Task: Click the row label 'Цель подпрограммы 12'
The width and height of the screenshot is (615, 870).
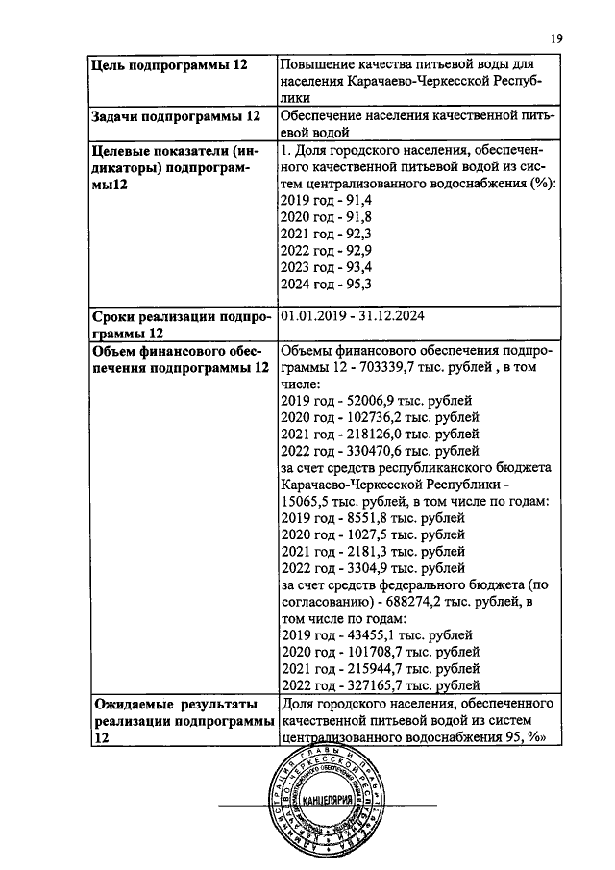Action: pyautogui.click(x=168, y=64)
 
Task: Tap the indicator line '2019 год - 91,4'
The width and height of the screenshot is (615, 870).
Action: pyautogui.click(x=326, y=199)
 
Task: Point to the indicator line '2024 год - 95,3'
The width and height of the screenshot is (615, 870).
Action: pyautogui.click(x=326, y=285)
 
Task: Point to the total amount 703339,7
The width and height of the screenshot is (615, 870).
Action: pyautogui.click(x=386, y=368)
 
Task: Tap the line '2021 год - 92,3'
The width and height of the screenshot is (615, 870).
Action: pyautogui.click(x=326, y=234)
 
